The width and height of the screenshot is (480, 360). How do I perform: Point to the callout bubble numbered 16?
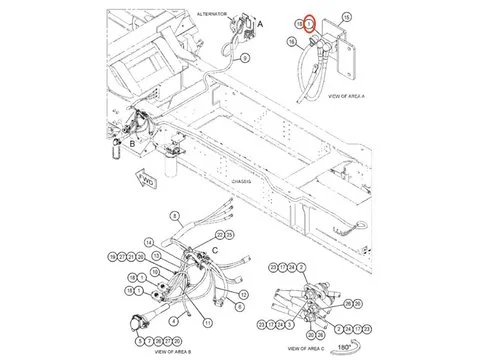292,41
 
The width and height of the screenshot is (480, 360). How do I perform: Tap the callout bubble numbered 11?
207,322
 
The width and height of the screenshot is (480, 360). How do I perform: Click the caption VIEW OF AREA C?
311,347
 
